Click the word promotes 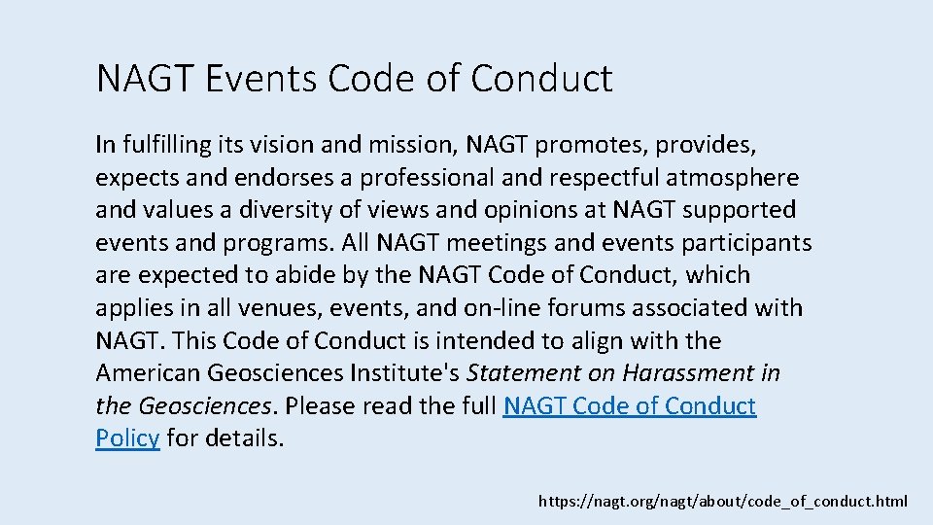coord(590,145)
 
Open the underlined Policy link coord(127,438)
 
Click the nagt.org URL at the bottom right coord(723,502)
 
